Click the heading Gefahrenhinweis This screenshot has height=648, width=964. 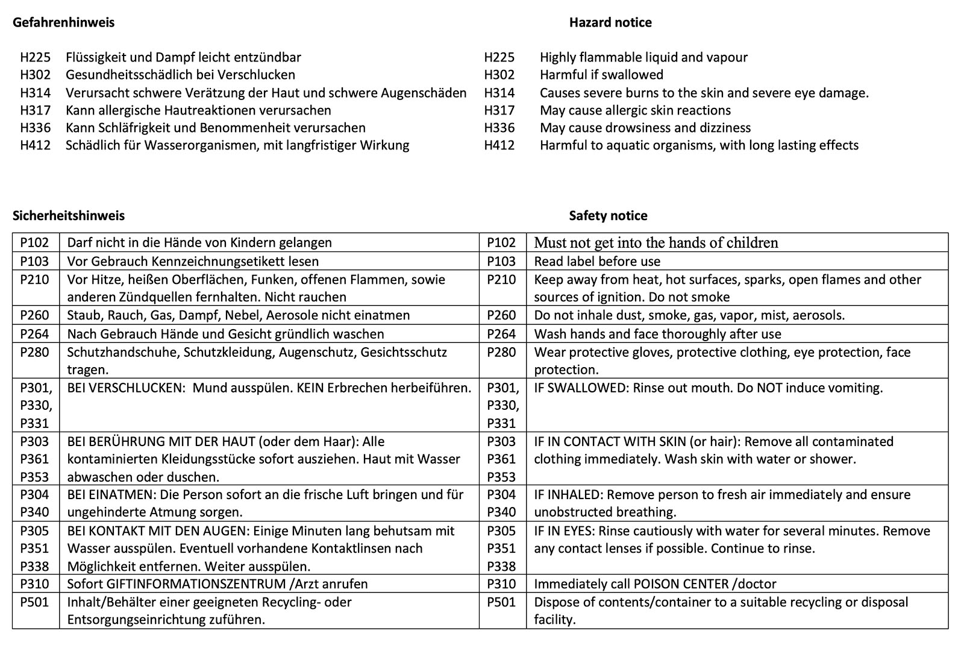click(x=63, y=23)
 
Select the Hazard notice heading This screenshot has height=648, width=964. click(x=610, y=23)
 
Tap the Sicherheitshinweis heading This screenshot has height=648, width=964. click(x=69, y=216)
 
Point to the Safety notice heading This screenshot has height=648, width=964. click(x=608, y=216)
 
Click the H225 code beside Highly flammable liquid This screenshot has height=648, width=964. click(x=499, y=57)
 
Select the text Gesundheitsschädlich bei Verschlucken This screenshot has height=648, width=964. click(x=180, y=75)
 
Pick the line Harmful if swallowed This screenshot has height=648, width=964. click(x=601, y=75)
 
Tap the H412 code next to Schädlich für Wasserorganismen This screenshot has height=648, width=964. click(x=36, y=145)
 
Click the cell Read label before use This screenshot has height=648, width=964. click(x=596, y=262)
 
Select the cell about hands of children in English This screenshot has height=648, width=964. click(x=656, y=243)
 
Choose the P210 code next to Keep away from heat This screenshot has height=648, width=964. click(x=501, y=280)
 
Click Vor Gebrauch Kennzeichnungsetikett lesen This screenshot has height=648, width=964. click(x=193, y=262)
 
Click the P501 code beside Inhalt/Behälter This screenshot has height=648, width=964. click(x=34, y=602)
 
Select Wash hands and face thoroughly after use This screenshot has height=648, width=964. click(x=657, y=334)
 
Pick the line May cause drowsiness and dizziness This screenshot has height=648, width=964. click(x=645, y=128)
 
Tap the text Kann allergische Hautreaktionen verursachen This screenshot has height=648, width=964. click(x=198, y=110)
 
